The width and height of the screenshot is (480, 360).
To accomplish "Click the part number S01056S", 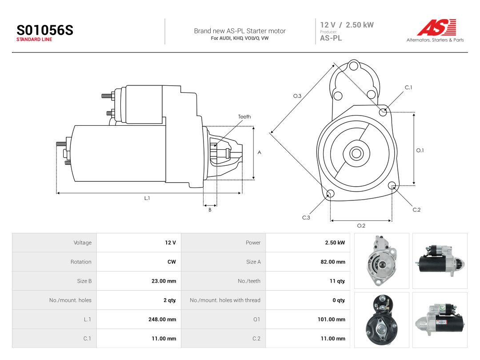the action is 45,30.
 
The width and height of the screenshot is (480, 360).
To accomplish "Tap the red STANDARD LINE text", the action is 34,40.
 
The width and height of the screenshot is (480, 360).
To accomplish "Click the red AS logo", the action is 437,27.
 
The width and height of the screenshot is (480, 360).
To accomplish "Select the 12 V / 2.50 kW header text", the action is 347,25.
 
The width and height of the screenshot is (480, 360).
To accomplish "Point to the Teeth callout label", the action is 244,116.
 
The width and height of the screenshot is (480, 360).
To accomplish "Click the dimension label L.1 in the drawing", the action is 147,198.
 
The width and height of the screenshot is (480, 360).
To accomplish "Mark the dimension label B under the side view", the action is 210,210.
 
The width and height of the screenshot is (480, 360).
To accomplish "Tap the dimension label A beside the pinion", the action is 259,152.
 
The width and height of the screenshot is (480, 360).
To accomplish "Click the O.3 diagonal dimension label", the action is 297,96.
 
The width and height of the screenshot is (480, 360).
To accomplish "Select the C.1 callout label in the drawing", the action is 408,88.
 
